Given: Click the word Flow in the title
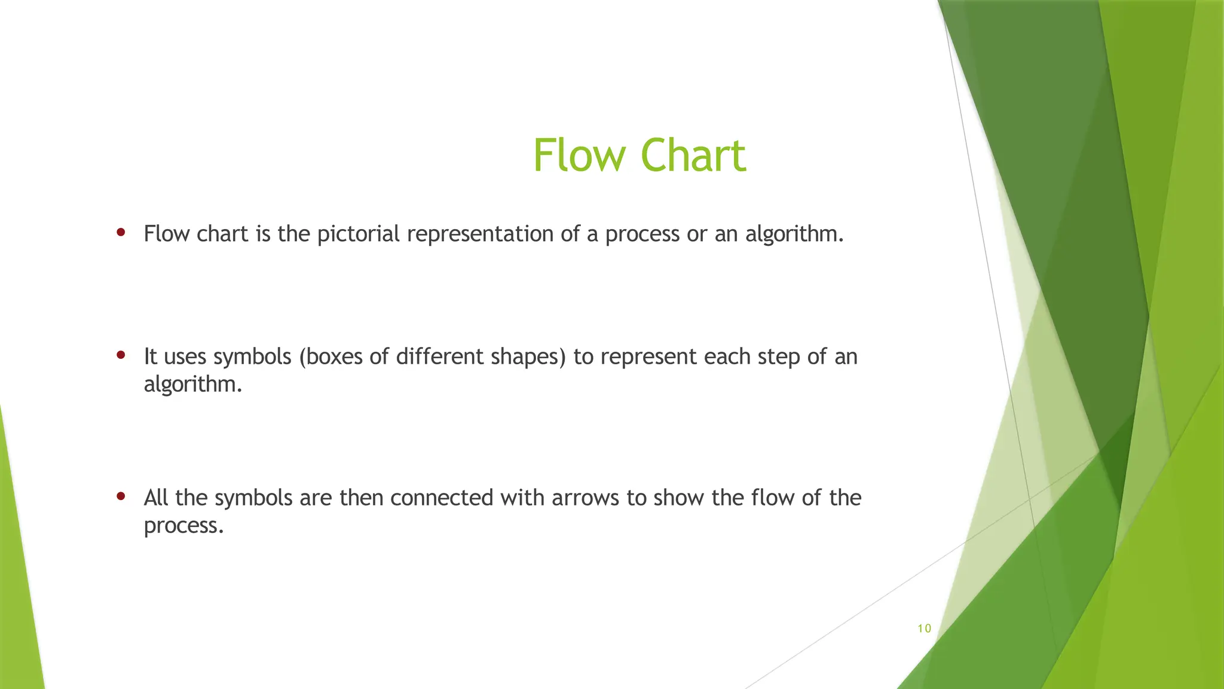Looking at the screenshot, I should tap(578, 156).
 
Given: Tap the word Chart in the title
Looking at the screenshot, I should tap(693, 156).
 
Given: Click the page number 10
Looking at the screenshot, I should tap(924, 629).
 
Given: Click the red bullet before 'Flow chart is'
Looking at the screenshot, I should tap(121, 232).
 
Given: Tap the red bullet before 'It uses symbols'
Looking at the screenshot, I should tap(121, 355).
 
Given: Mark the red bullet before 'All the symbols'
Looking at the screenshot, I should tap(121, 496).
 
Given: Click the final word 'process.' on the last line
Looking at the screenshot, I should tap(183, 526).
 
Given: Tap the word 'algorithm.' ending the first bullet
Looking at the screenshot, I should tap(794, 234).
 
